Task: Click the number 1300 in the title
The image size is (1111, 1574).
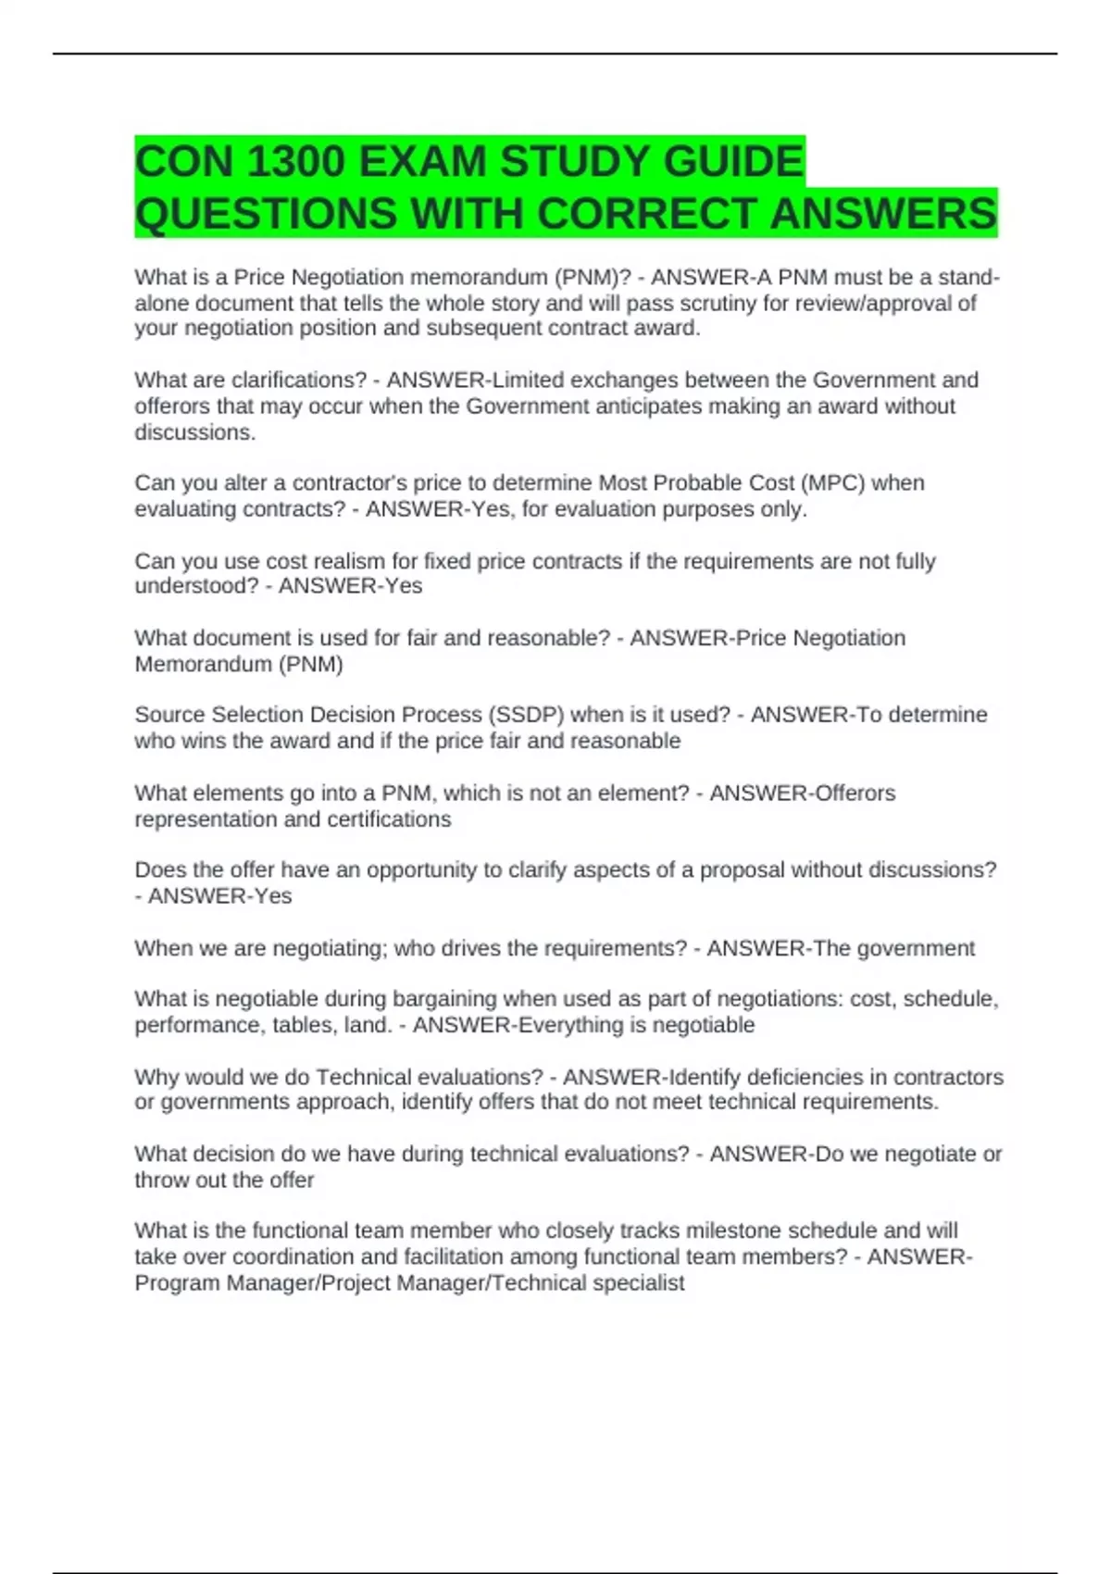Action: pyautogui.click(x=295, y=162)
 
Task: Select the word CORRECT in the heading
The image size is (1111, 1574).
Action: pyautogui.click(x=647, y=214)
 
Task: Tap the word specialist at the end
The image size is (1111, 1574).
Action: pyautogui.click(x=638, y=1282)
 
